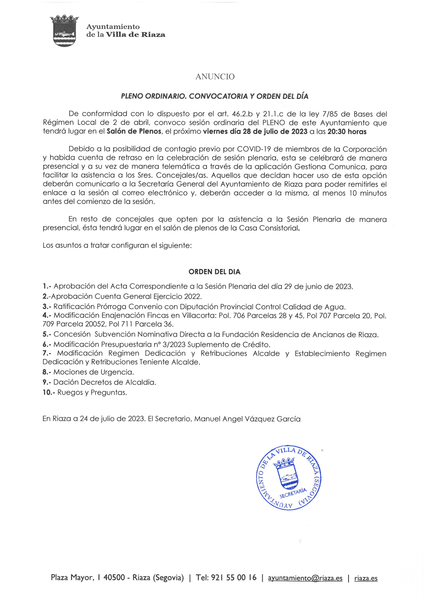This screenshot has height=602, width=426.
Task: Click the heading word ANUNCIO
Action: pos(215,77)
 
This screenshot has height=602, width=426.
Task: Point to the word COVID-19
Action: pos(254,149)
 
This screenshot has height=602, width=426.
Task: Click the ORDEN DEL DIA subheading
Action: pos(214,272)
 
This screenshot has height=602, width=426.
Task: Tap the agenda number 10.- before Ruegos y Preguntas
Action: pos(49,393)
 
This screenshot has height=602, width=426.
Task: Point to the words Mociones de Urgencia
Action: pos(94,372)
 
